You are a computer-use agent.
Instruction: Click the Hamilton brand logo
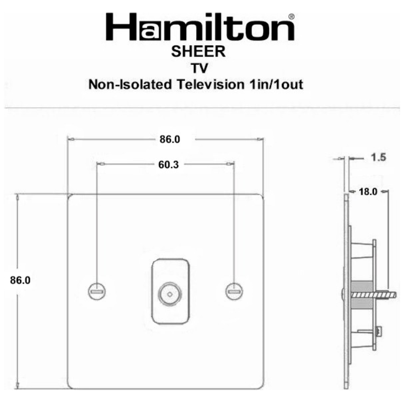(200, 27)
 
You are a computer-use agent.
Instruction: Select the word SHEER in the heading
(198, 52)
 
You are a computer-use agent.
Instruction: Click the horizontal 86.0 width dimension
(169, 139)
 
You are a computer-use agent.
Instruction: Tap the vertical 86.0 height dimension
(21, 280)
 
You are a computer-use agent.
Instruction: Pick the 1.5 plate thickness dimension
(378, 157)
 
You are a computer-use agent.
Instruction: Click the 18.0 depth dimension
(368, 192)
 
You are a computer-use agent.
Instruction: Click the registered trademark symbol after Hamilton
(290, 18)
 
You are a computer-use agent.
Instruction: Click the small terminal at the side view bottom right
(378, 332)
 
